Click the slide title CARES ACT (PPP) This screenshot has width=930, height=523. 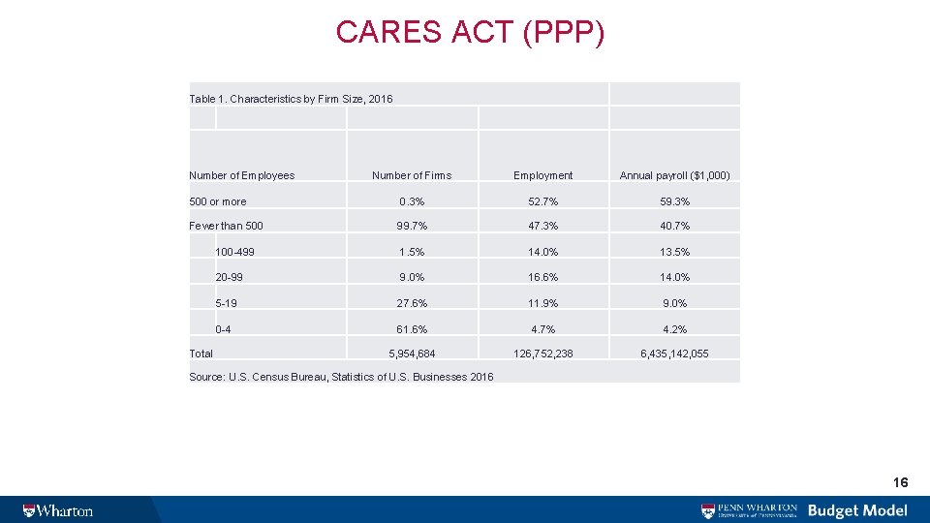[470, 32]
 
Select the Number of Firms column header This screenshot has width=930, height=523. [412, 175]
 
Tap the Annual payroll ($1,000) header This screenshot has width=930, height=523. [674, 175]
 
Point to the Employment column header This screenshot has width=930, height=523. [542, 175]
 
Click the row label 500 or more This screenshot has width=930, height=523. [218, 201]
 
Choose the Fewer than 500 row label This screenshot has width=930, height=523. [226, 226]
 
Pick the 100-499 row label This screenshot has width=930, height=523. [235, 252]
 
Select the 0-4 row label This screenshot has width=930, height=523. [223, 329]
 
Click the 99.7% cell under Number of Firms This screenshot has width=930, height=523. [412, 226]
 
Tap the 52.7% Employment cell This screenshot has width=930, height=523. [542, 201]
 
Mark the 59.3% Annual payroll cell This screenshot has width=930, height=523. [674, 201]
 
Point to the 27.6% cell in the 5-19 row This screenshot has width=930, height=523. [412, 303]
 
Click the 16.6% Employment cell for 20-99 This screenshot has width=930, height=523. [542, 277]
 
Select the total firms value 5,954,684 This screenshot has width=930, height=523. [412, 354]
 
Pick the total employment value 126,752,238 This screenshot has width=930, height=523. [542, 354]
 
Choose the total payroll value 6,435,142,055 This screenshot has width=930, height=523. [674, 354]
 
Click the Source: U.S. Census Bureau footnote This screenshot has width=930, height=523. [341, 376]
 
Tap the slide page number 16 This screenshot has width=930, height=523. [900, 482]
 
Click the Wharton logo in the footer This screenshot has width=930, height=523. [58, 510]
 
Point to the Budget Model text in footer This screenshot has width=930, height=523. [857, 510]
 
